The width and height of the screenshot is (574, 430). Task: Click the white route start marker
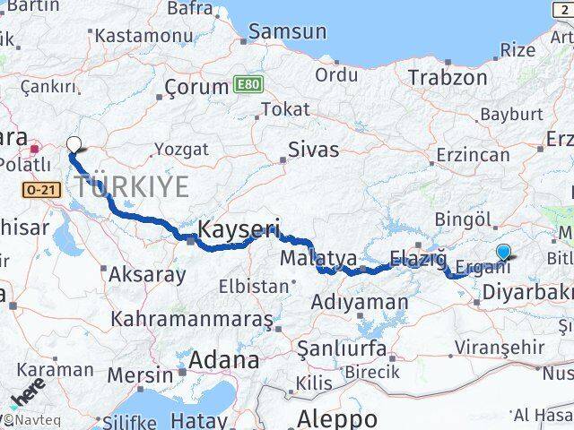coord(74,142)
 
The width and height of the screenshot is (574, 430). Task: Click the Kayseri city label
coord(238,228)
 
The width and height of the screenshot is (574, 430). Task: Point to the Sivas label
coord(313,149)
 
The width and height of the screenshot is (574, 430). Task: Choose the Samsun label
coord(287,31)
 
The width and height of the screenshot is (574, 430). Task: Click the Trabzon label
coord(448,77)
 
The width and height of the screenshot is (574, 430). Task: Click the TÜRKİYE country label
coord(132,187)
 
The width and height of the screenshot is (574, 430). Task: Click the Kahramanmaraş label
coord(191,319)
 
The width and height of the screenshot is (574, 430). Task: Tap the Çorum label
coord(196,88)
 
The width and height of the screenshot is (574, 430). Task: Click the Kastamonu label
coord(143,37)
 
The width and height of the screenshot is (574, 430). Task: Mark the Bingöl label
coord(463,219)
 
